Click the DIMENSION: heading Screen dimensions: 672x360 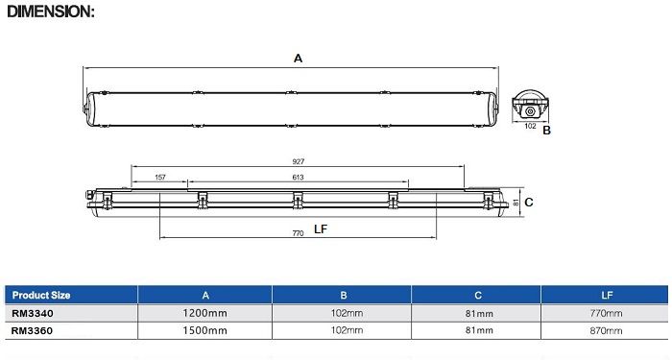click(51, 12)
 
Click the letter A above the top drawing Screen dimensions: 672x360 click(298, 59)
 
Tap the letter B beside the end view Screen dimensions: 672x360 click(546, 131)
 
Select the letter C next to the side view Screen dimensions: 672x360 click(529, 203)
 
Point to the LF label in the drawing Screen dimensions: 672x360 click(321, 229)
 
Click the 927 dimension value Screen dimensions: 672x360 click(299, 161)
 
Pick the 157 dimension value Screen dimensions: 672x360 click(160, 177)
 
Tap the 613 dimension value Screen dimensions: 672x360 click(298, 177)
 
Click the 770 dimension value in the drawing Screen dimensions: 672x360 click(298, 233)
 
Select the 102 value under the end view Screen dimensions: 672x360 click(530, 126)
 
